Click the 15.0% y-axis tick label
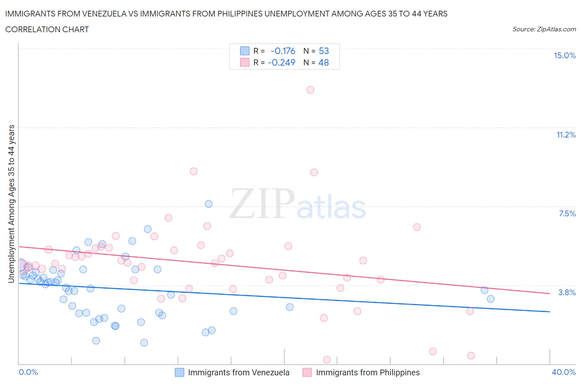(x=564, y=56)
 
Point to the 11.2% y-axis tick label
(x=566, y=135)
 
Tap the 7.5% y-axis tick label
(x=567, y=213)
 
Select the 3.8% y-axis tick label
(x=567, y=292)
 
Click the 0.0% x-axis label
(x=28, y=372)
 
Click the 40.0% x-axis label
(x=564, y=372)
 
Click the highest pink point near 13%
(x=310, y=90)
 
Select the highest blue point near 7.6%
(x=209, y=204)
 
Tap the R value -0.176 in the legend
(x=283, y=51)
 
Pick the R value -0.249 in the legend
(x=281, y=62)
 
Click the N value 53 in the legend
(x=324, y=51)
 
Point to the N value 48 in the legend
(x=324, y=62)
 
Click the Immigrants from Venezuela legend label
(x=238, y=372)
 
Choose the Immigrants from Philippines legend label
(x=367, y=372)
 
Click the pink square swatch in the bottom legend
(x=307, y=372)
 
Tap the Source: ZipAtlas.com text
(x=544, y=29)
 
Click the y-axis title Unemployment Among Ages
(x=12, y=204)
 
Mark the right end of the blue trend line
(x=550, y=311)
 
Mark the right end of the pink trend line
(x=550, y=294)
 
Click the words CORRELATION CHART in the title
(x=47, y=29)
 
